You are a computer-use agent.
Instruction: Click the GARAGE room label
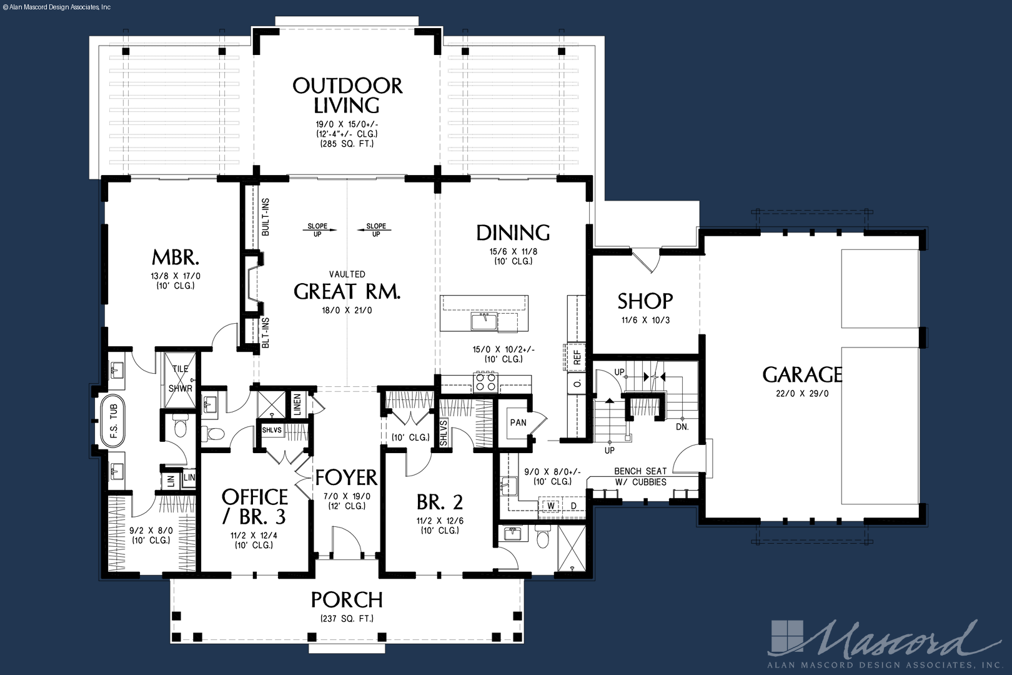coord(802,374)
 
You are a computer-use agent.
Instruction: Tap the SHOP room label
coord(645,301)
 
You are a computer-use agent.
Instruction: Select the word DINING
coord(513,233)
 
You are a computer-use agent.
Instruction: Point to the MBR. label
coord(176,257)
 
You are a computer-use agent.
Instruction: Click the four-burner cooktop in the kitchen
coord(485,382)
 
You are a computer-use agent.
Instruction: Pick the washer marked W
coord(551,505)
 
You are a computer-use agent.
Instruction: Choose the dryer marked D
coord(573,505)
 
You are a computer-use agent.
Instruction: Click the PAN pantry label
coord(518,422)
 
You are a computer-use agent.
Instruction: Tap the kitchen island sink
coord(484,321)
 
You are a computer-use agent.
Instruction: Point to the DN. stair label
coord(682,427)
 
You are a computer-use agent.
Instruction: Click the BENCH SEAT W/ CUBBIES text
coord(640,476)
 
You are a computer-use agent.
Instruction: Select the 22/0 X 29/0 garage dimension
coord(802,393)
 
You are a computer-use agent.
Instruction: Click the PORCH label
coord(347,599)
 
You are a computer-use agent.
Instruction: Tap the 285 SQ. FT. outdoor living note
coord(347,144)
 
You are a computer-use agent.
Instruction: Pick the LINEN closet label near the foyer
coord(297,404)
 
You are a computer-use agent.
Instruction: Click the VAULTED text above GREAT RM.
coord(347,274)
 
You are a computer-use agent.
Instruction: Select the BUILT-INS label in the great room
coord(265,217)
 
